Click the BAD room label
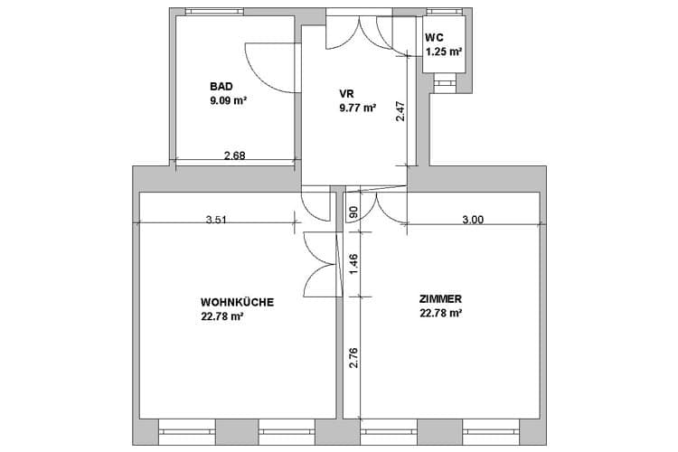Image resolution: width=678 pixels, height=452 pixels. (221, 87)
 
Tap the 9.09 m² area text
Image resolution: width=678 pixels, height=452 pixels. (229, 101)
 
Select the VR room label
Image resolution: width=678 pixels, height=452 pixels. (347, 93)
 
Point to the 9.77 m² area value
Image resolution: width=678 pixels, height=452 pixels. (358, 108)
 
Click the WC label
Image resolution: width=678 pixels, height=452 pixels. (434, 38)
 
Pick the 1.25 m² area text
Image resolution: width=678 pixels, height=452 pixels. (444, 52)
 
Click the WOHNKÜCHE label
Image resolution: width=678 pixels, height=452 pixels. (238, 302)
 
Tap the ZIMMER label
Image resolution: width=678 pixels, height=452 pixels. (440, 299)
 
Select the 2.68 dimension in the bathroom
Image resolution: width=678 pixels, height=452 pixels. (235, 155)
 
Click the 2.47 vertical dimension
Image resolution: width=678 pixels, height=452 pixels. (400, 111)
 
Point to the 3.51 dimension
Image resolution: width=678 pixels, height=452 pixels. (216, 220)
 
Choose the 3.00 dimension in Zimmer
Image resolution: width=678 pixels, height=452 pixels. (473, 220)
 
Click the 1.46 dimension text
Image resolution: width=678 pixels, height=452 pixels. (353, 264)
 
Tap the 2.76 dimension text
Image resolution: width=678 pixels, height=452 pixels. (353, 358)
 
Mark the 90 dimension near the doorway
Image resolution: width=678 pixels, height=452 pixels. (353, 212)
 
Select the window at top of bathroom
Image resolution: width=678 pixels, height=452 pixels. (214, 12)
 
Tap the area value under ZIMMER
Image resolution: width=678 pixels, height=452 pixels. (440, 313)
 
